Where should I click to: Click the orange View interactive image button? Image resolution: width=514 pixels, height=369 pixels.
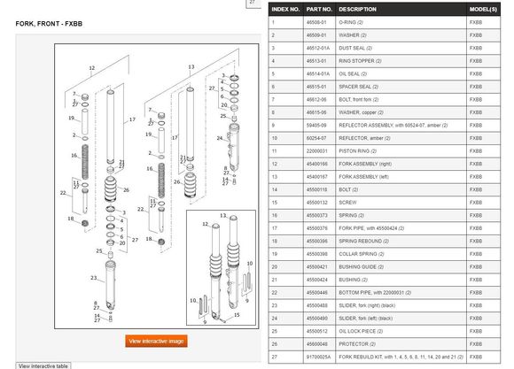[156, 341]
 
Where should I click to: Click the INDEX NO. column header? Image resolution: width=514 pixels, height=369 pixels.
[285, 9]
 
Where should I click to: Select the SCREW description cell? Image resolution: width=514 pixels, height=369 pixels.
[349, 203]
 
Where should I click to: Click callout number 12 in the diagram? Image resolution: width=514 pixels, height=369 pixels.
[91, 67]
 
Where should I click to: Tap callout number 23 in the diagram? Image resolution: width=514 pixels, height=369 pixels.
[91, 277]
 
